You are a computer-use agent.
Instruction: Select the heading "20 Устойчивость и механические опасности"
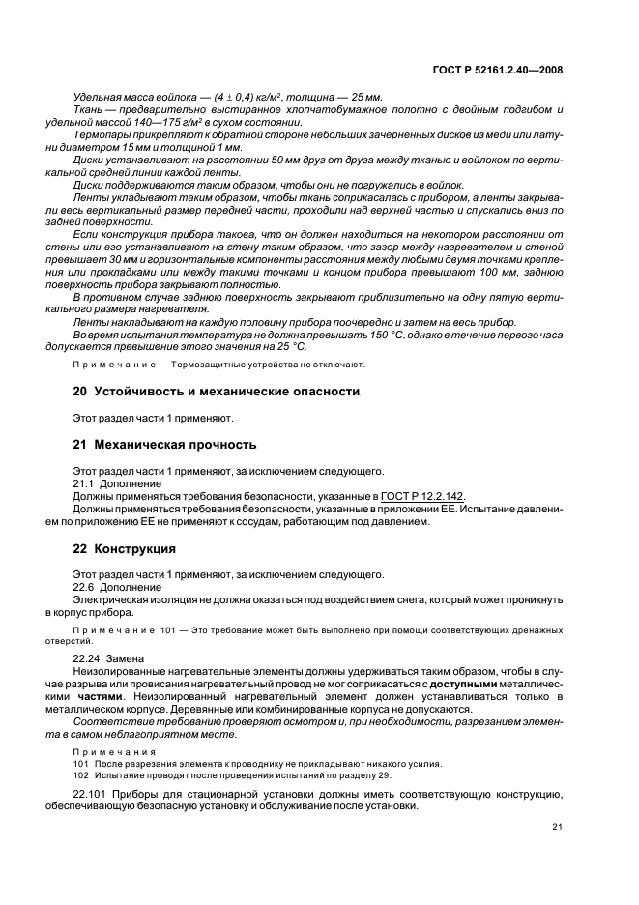[x=216, y=392]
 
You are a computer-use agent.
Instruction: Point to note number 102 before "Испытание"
[x=82, y=774]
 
